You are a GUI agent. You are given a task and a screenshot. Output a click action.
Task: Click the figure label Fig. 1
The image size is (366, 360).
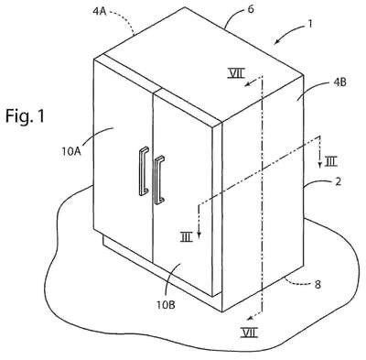tap(25, 115)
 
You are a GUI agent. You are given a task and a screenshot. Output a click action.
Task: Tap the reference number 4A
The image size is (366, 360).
tap(100, 11)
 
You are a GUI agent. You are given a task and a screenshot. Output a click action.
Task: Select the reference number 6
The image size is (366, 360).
tap(251, 9)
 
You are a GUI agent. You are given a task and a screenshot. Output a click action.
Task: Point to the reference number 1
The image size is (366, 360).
tap(310, 24)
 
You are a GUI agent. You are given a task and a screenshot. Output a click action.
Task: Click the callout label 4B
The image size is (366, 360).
tap(339, 82)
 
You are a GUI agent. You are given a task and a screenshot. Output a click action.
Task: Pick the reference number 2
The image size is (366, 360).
tap(338, 181)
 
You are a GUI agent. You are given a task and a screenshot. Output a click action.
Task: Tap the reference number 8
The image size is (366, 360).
tap(318, 285)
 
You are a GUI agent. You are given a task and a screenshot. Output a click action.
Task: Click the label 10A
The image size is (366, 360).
tap(71, 151)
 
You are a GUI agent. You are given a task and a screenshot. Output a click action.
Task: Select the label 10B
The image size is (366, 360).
tap(166, 304)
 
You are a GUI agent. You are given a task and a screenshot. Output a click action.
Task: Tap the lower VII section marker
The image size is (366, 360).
tap(249, 333)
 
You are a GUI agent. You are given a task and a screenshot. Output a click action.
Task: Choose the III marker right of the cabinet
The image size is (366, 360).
tap(330, 162)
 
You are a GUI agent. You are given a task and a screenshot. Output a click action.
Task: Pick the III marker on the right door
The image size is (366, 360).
tap(187, 237)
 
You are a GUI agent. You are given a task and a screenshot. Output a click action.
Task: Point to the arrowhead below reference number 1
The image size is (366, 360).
tap(276, 41)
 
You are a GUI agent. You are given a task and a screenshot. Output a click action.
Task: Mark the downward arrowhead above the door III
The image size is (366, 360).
tap(199, 234)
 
